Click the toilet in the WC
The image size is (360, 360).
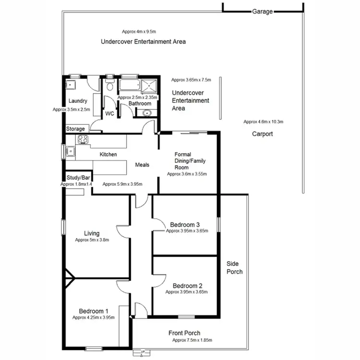[110, 86]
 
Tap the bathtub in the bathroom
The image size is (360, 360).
[128, 86]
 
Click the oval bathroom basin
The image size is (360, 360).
[146, 113]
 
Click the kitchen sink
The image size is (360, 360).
[71, 151]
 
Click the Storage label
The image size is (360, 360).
[75, 129]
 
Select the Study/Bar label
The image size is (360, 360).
[78, 178]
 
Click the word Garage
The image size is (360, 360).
[262, 11]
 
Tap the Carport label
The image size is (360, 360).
[262, 134]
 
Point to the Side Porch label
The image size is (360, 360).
[235, 268]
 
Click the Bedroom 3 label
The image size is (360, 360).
[185, 225]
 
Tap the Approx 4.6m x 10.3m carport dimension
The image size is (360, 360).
[263, 121]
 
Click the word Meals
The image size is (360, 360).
[142, 165]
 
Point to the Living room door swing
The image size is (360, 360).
[123, 230]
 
